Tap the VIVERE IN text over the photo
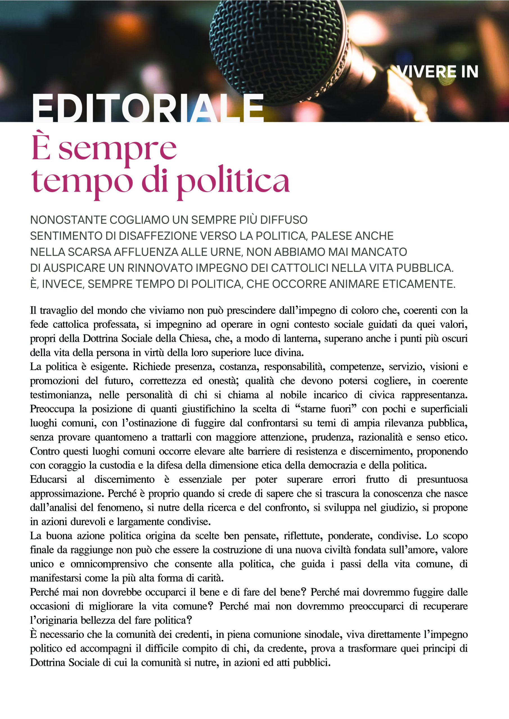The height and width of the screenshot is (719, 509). tap(437, 72)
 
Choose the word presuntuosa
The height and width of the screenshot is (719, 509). tap(442, 479)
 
